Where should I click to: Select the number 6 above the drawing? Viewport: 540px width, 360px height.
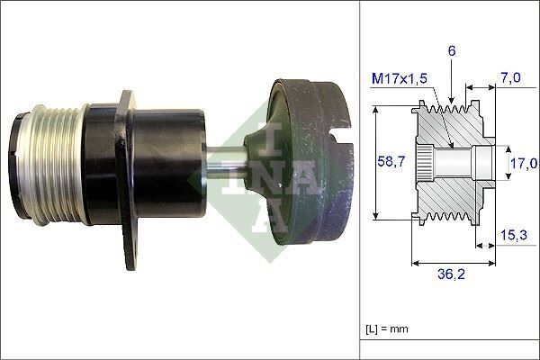[x=453, y=53]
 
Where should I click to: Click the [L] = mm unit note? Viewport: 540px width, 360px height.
[x=388, y=328]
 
